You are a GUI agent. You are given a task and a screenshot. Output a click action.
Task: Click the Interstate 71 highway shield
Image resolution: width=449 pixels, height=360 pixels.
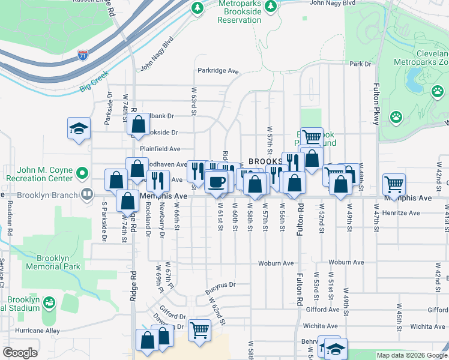[x=83, y=56]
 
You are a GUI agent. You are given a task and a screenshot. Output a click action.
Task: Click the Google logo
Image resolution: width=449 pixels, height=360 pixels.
[x=20, y=353]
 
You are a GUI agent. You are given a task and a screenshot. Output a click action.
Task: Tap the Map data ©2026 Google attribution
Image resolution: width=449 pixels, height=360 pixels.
[x=411, y=355]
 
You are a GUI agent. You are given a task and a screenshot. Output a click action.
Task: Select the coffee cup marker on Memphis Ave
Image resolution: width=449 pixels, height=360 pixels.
[x=216, y=181]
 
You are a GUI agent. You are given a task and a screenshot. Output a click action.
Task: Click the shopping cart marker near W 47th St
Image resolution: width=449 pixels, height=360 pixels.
[x=394, y=183]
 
